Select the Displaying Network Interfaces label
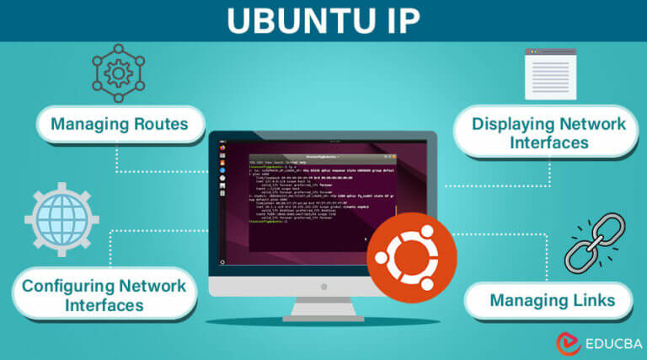[548, 133]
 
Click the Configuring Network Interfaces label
[104, 295]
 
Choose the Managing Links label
[551, 299]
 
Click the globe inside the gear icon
[61, 220]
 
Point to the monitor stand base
[322, 318]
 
